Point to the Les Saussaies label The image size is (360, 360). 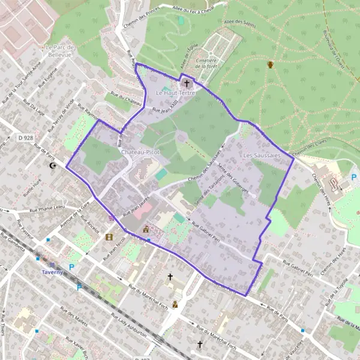(x=262, y=155)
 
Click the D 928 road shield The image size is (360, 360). (x=25, y=138)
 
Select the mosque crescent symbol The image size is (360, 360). (x=52, y=165)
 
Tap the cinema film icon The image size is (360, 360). (x=109, y=237)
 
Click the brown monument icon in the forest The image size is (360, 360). (x=271, y=64)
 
